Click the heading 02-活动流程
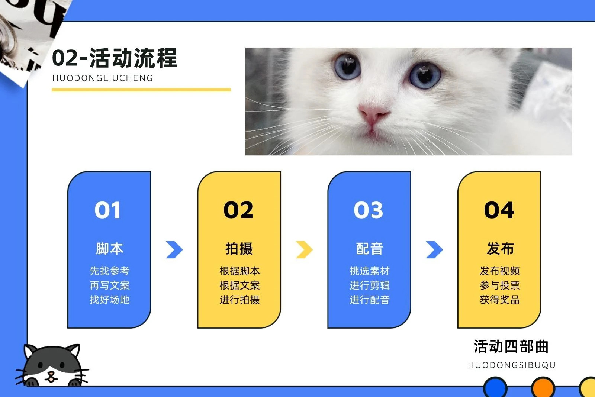[x=115, y=58]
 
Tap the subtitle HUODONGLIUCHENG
[x=103, y=78]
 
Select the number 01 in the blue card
[x=107, y=210]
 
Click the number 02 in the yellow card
[x=238, y=210]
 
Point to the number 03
[x=369, y=210]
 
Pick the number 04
[x=499, y=210]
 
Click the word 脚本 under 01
[x=109, y=249]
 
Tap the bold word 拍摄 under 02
[x=239, y=249]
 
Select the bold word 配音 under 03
[x=370, y=249]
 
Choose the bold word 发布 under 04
[x=500, y=249]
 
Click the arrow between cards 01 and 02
[x=174, y=250]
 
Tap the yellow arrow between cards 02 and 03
[x=305, y=250]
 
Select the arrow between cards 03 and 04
[x=434, y=250]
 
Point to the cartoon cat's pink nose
[x=50, y=374]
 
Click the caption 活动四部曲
[x=511, y=346]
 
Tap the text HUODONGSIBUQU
[x=512, y=365]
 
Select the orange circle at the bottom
[x=543, y=387]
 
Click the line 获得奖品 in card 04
[x=500, y=300]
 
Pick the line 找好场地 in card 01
[x=109, y=300]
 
